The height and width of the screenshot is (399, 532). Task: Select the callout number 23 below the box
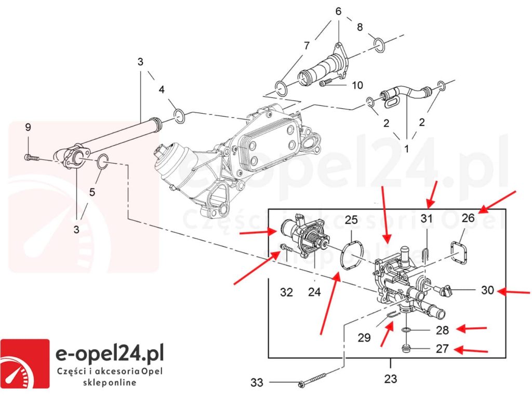coord(390,379)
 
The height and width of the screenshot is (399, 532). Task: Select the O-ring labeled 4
coord(178,115)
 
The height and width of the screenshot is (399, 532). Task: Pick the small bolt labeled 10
coord(327,83)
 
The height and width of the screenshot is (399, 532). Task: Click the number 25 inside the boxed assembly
coord(351,219)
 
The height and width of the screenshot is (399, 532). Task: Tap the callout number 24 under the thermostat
coord(314,292)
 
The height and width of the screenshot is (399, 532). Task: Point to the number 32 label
coord(286,292)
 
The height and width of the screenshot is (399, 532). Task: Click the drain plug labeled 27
coord(406,348)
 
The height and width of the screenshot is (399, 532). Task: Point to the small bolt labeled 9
coord(32,157)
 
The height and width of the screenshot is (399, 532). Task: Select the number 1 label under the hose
coord(406,149)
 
